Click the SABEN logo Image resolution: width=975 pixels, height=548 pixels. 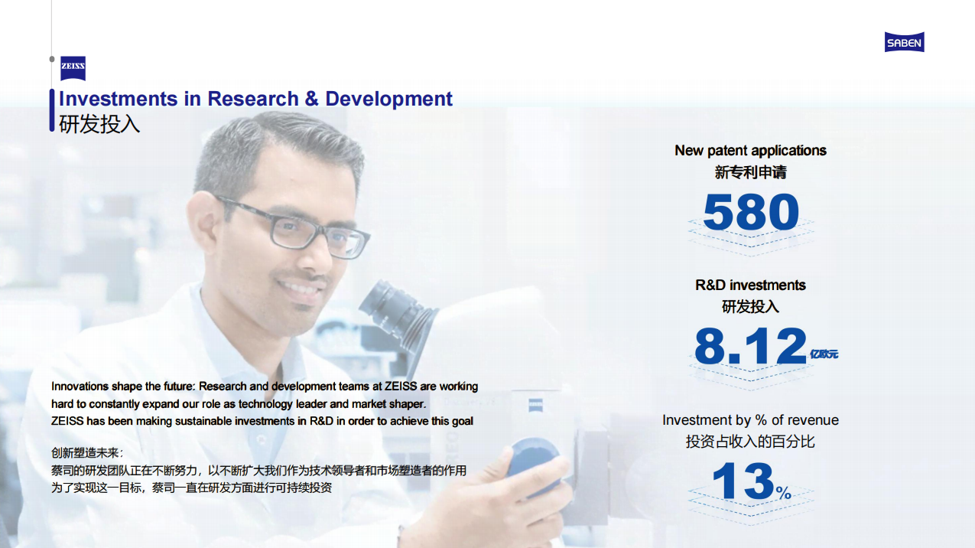[x=904, y=42]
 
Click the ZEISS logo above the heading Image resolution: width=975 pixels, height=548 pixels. [x=73, y=68]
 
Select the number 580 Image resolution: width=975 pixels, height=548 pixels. [x=751, y=212]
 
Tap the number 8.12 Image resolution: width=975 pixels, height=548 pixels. [x=750, y=346]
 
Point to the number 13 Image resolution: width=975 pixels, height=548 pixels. [x=743, y=481]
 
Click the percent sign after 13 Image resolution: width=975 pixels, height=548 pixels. [x=784, y=493]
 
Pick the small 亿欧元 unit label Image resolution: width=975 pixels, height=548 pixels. [x=824, y=354]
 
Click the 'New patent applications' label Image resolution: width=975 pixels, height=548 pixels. [x=750, y=150]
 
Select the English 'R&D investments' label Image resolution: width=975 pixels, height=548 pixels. [x=750, y=285]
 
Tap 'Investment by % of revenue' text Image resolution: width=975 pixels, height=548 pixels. [x=750, y=420]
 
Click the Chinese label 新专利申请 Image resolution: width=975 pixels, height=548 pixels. [x=750, y=172]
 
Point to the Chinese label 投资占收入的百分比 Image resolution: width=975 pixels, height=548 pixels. [x=750, y=442]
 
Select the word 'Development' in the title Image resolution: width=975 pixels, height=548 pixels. [x=388, y=99]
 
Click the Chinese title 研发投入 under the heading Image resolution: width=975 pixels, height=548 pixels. [x=99, y=124]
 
